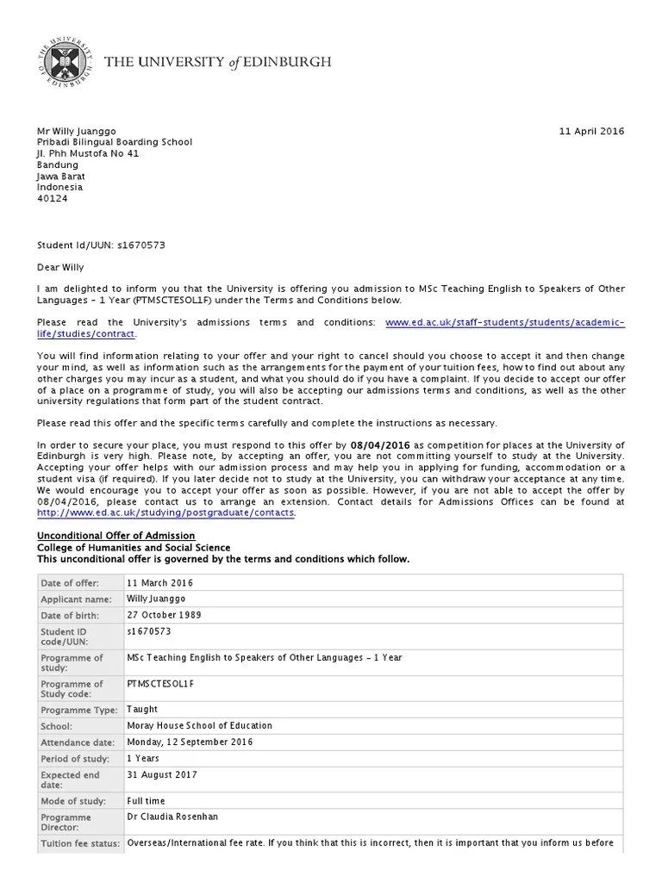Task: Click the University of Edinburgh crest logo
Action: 63,62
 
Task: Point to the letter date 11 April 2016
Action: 591,131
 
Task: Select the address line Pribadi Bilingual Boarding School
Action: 114,142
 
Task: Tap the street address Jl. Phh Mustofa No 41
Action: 87,153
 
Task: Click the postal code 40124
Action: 52,198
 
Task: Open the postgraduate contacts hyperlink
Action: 165,512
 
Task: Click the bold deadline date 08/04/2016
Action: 383,444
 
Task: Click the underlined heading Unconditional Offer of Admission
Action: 116,536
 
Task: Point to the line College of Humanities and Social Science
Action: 134,548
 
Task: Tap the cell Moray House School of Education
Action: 199,726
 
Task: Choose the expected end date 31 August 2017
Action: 162,774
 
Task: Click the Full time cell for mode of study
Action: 146,801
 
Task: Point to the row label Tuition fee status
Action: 80,844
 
